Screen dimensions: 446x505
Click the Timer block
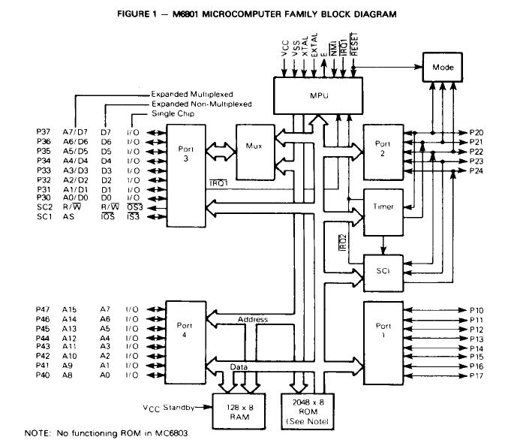tap(383, 205)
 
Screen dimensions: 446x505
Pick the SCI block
tap(383, 267)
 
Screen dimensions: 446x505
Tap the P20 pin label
tap(477, 133)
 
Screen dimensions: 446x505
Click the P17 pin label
tap(477, 375)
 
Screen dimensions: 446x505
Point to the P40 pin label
tap(43, 375)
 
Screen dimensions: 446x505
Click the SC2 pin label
tap(43, 206)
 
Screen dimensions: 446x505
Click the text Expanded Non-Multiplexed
tap(200, 104)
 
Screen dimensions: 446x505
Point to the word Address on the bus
tap(252, 319)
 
